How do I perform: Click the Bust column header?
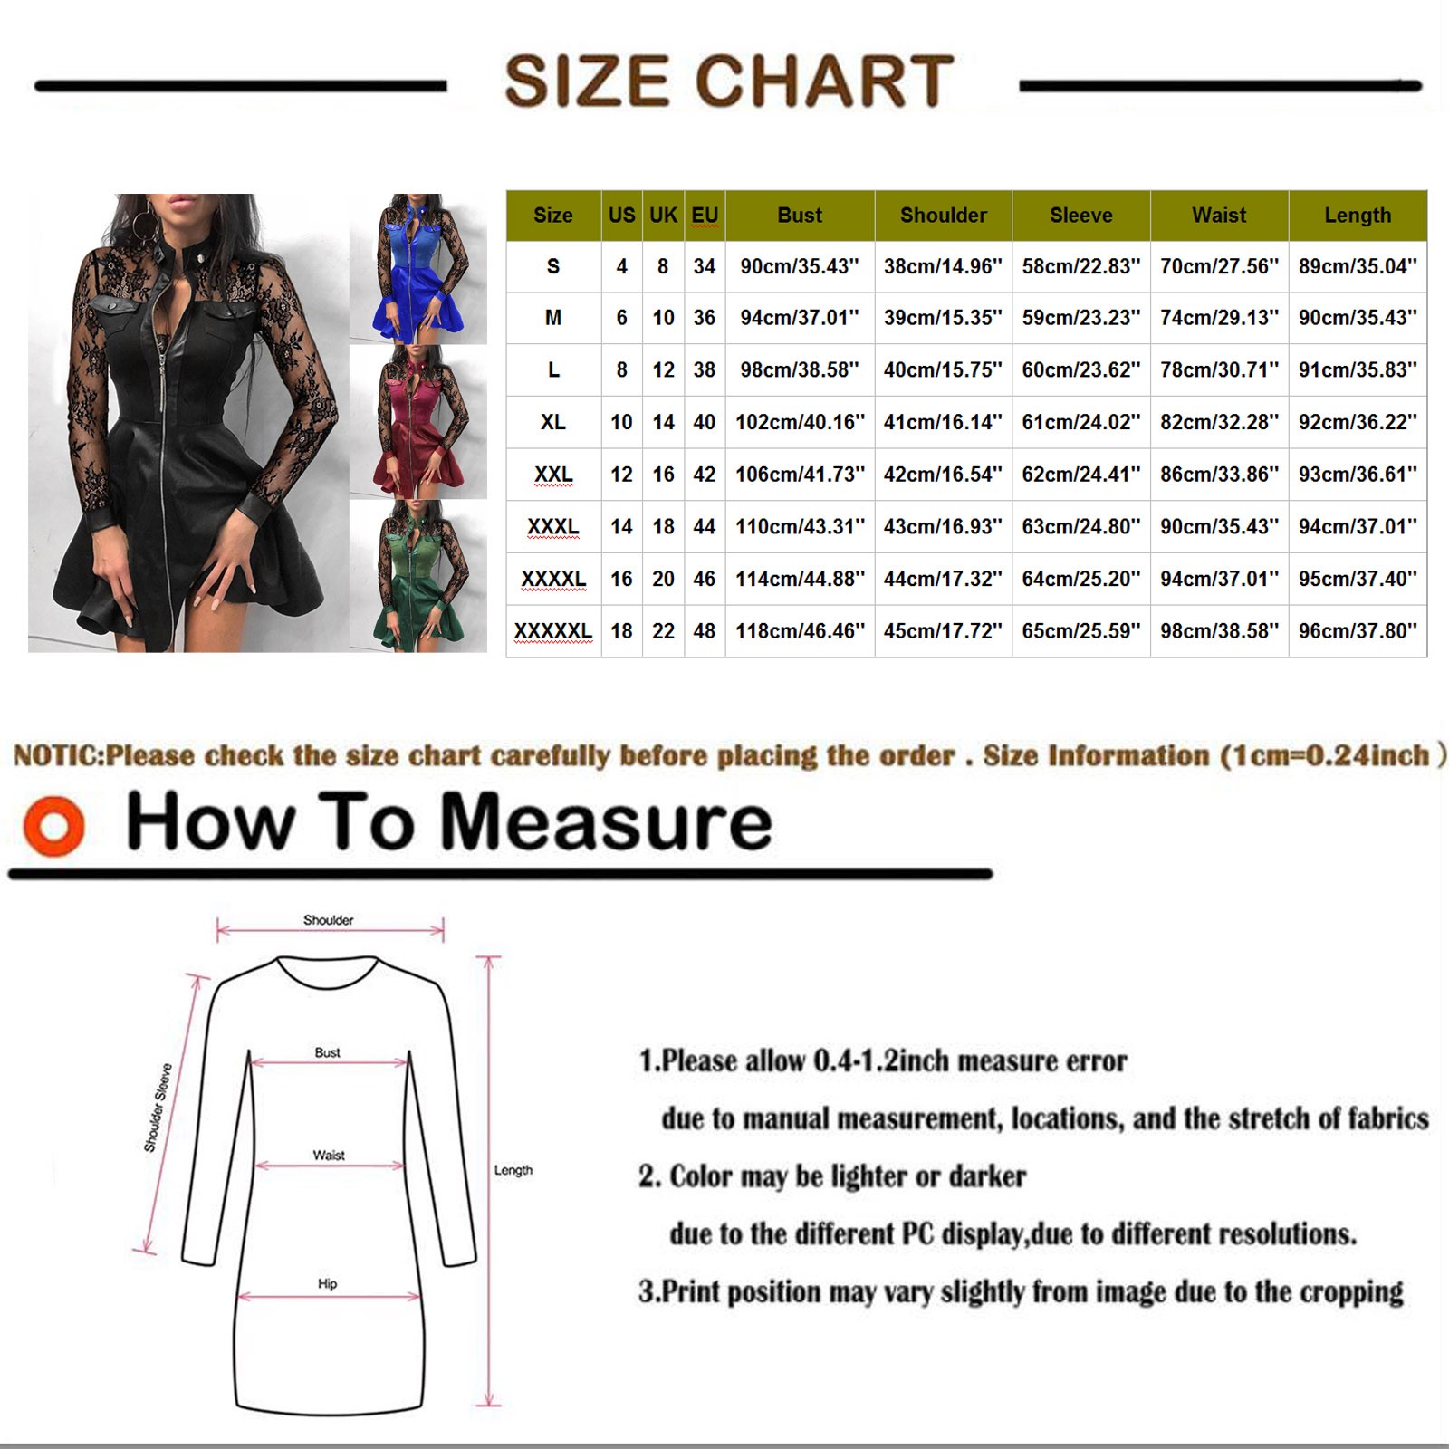pyautogui.click(x=800, y=216)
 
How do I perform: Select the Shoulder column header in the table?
pyautogui.click(x=944, y=216)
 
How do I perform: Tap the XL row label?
pyautogui.click(x=553, y=422)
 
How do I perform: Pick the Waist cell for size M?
pyautogui.click(x=1219, y=318)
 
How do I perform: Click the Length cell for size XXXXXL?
pyautogui.click(x=1358, y=631)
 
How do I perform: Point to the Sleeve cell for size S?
pyautogui.click(x=1081, y=266)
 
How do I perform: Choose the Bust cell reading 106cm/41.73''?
pyautogui.click(x=800, y=475)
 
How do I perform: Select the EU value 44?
pyautogui.click(x=705, y=527)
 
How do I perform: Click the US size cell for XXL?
pyautogui.click(x=621, y=475)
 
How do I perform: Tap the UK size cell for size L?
pyautogui.click(x=663, y=370)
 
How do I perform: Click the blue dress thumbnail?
pyautogui.click(x=418, y=269)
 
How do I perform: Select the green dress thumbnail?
pyautogui.click(x=418, y=575)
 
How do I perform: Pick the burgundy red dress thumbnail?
pyautogui.click(x=418, y=422)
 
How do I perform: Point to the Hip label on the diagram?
pyautogui.click(x=328, y=1284)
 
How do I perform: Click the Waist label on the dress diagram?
pyautogui.click(x=329, y=1156)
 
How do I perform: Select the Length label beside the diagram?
pyautogui.click(x=513, y=1170)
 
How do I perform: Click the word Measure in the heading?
pyautogui.click(x=606, y=822)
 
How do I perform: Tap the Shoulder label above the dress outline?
pyautogui.click(x=328, y=920)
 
